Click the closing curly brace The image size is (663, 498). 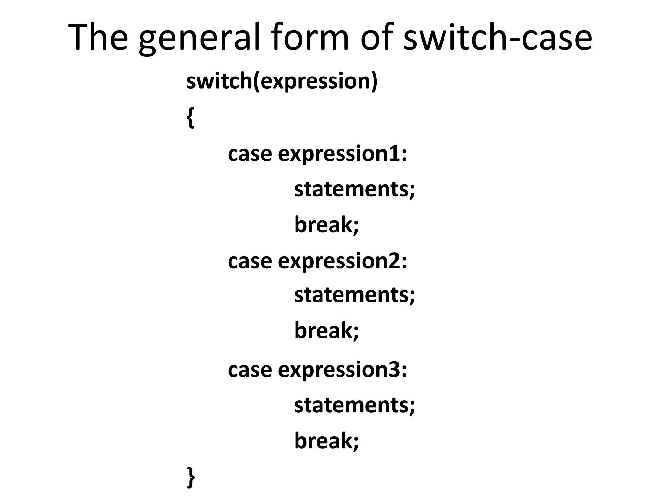191,477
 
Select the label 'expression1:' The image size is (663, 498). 342,154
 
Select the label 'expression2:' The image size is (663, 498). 342,261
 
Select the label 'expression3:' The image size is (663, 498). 342,370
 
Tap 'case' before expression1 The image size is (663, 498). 250,154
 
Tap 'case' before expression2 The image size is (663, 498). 250,261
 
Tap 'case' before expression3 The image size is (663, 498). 250,370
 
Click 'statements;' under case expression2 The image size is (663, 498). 354,295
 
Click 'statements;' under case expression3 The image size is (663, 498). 354,405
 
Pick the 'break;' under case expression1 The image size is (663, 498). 327,224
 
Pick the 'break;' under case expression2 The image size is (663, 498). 327,330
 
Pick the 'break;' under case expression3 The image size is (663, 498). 327,441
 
